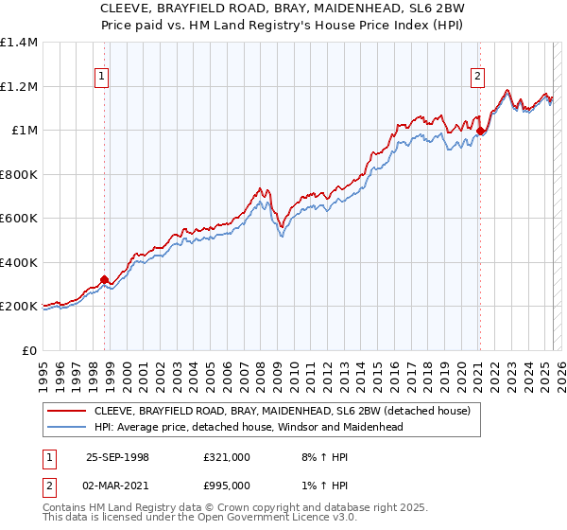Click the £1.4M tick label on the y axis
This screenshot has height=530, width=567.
pos(19,43)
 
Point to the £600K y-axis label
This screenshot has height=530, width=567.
pos(19,219)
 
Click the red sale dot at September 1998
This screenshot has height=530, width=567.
pos(105,279)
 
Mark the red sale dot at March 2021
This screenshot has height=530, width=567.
pos(480,132)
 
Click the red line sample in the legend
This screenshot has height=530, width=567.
pos(67,411)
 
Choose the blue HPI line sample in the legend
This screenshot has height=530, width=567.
pos(67,427)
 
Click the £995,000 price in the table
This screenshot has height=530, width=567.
pos(227,486)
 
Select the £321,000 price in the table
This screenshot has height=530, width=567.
pos(227,457)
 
